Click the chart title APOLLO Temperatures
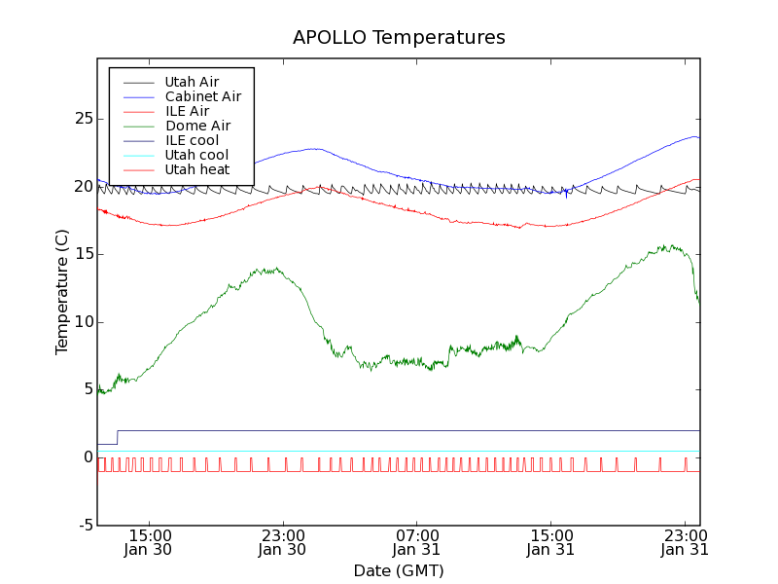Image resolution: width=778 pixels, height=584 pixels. click(399, 38)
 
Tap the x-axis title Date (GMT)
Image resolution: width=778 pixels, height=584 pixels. click(399, 570)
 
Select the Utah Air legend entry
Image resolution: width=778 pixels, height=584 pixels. click(192, 82)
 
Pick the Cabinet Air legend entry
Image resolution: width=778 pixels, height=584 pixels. click(202, 96)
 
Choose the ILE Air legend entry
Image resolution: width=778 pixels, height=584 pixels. click(187, 111)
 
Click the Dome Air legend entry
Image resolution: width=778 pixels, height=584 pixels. click(197, 126)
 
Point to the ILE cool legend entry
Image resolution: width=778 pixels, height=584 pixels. click(192, 140)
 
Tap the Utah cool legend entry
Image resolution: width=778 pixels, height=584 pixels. click(196, 155)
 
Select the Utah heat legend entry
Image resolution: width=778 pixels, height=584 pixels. click(196, 169)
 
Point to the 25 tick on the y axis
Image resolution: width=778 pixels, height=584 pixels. click(84, 119)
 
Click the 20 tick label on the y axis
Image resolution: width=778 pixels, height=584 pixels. click(84, 187)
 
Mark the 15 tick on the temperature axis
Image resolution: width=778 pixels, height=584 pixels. click(84, 254)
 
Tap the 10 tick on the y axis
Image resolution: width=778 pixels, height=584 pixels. click(84, 322)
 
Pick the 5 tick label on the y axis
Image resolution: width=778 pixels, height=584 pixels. click(88, 389)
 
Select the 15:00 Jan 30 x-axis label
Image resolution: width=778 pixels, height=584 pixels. click(150, 542)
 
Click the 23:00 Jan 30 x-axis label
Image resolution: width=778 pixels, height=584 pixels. click(283, 542)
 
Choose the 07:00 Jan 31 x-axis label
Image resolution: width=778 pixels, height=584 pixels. click(417, 542)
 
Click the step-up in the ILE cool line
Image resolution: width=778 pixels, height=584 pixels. click(118, 437)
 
